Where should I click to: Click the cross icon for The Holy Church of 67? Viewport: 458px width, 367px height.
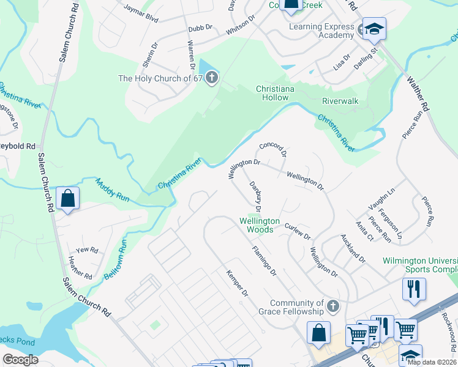pos(211,78)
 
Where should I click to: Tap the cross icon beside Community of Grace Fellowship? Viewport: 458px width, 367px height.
pos(332,305)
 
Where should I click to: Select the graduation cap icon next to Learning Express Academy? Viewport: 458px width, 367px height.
pos(374,29)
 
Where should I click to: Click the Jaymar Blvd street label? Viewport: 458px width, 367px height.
pos(141,15)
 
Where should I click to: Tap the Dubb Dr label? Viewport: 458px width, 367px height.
pos(200,28)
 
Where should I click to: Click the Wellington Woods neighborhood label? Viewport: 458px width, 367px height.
pos(259,225)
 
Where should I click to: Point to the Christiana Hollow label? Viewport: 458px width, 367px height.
pos(275,93)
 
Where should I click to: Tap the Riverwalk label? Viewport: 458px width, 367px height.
pos(340,101)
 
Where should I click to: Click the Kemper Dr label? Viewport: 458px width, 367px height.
pos(237,284)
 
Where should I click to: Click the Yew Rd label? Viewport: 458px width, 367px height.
pos(87,250)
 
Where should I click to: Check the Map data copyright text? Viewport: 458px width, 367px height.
pos(432,361)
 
